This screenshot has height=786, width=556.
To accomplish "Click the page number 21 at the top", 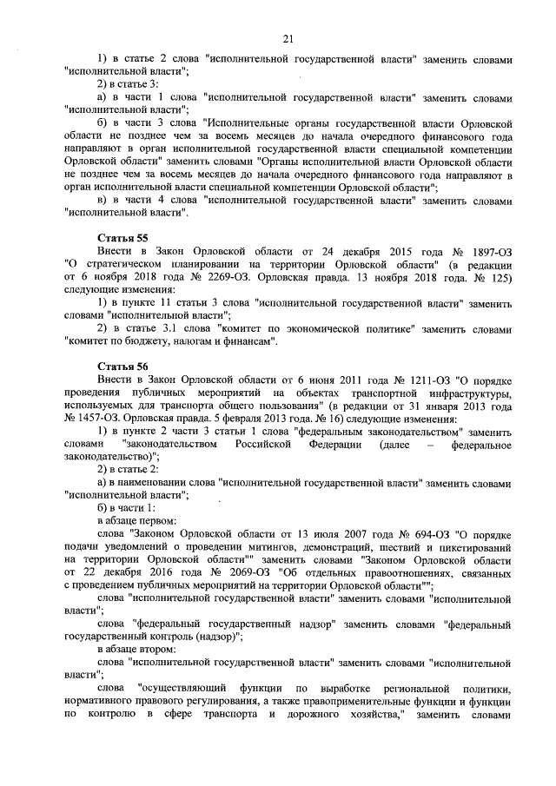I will pos(288,36).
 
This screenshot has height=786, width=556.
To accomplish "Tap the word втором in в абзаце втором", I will pos(152,649).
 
